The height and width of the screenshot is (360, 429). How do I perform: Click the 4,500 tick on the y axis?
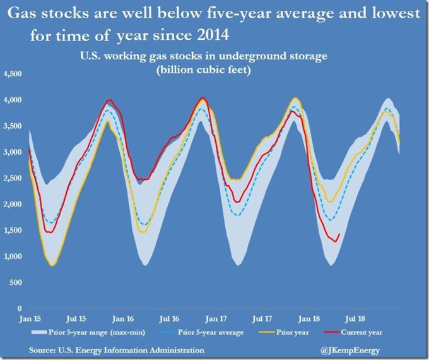(13, 74)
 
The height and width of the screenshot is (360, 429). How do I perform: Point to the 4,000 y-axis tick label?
(13, 100)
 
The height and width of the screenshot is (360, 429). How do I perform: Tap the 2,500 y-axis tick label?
(13, 178)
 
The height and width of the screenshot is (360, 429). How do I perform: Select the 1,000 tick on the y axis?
(13, 256)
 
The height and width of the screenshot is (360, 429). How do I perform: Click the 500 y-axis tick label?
(15, 282)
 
